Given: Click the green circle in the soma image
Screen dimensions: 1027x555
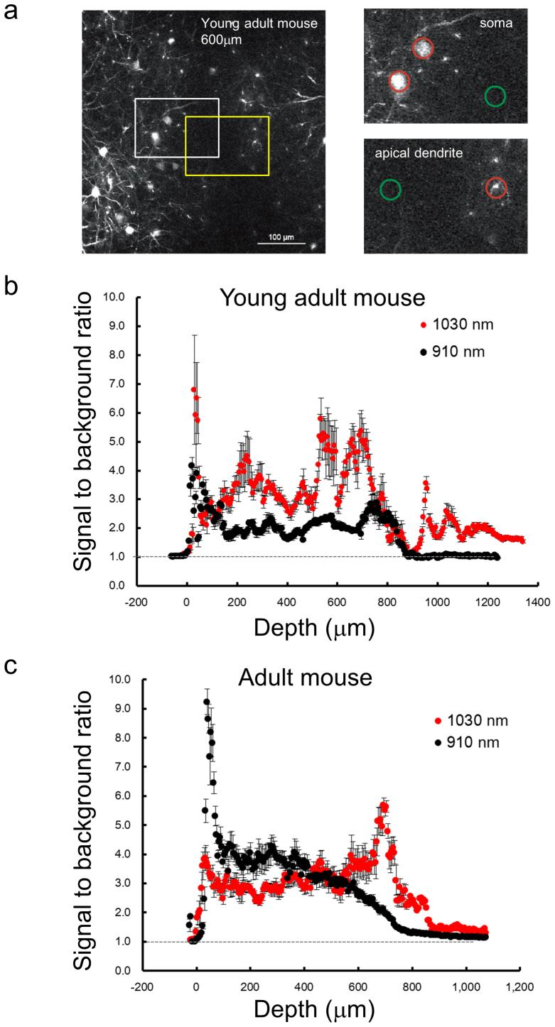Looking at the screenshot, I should (x=496, y=96).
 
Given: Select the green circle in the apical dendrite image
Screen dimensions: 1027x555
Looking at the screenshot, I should (x=389, y=189).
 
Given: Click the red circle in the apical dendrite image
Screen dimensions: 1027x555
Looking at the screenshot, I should (x=496, y=188).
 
